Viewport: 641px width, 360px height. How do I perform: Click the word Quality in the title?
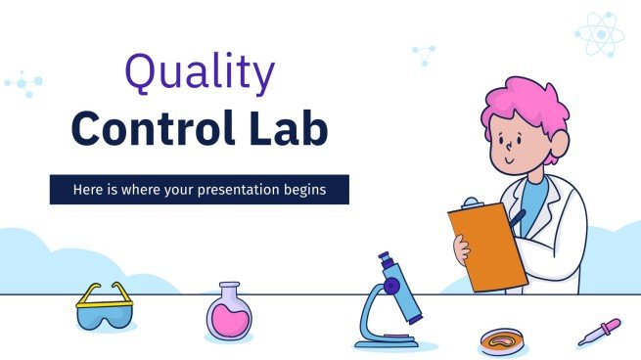[199, 76]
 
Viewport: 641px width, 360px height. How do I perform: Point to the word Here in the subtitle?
[88, 189]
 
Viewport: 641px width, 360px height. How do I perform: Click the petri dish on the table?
[502, 338]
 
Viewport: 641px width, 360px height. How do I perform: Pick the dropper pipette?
[598, 330]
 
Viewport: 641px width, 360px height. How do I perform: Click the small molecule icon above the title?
[424, 54]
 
